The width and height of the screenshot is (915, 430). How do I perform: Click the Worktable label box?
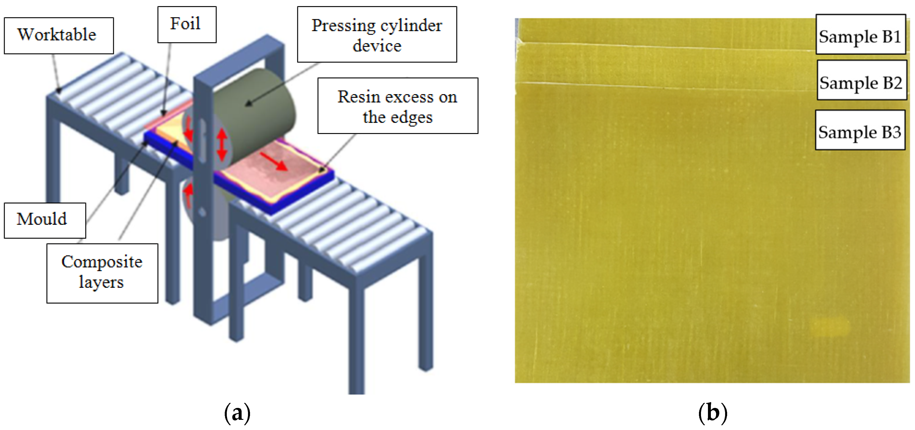[59, 35]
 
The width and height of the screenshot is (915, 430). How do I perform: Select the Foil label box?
[186, 24]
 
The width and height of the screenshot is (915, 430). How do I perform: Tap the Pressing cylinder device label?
[377, 35]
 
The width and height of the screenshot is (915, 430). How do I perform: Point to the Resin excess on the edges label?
[398, 106]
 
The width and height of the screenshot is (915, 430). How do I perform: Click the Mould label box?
[44, 220]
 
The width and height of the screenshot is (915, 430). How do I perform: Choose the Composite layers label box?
[102, 273]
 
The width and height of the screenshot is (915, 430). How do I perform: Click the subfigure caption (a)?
[237, 412]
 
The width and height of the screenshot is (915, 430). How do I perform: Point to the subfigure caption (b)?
[712, 412]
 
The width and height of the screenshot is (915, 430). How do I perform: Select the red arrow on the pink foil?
[274, 162]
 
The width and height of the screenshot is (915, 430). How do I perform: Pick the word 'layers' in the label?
[101, 282]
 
